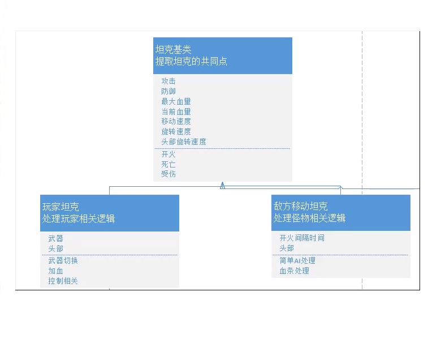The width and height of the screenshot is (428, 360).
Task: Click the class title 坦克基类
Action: point(174,50)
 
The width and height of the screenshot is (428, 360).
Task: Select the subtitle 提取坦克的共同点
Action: point(191,61)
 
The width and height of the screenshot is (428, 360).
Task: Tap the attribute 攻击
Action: point(168,81)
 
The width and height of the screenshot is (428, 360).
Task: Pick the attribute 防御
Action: point(168,91)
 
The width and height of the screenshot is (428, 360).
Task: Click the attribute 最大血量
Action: point(176,101)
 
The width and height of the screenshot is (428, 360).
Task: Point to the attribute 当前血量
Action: point(176,112)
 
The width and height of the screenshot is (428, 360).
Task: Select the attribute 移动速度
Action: point(176,121)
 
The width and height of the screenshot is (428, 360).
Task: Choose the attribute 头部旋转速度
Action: point(184,142)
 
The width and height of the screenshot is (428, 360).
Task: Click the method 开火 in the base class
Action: point(168,154)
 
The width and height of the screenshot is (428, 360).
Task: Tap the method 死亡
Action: point(168,164)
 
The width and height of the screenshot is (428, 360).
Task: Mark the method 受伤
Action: point(168,174)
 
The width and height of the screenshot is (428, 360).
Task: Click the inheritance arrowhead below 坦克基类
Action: point(223,185)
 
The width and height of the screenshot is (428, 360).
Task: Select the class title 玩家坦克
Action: point(60,207)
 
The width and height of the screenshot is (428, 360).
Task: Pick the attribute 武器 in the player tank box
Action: point(55,238)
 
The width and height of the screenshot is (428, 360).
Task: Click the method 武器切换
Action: point(63,260)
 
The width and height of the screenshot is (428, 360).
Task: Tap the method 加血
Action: point(55,271)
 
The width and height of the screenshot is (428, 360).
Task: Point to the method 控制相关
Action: point(63,281)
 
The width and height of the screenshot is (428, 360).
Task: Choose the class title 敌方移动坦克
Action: point(301,207)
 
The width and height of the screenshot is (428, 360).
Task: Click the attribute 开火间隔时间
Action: point(302,238)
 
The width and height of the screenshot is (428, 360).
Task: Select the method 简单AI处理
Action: point(297,260)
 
